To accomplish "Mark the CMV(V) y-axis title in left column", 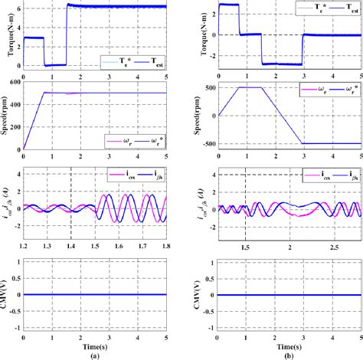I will [x=7, y=294].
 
